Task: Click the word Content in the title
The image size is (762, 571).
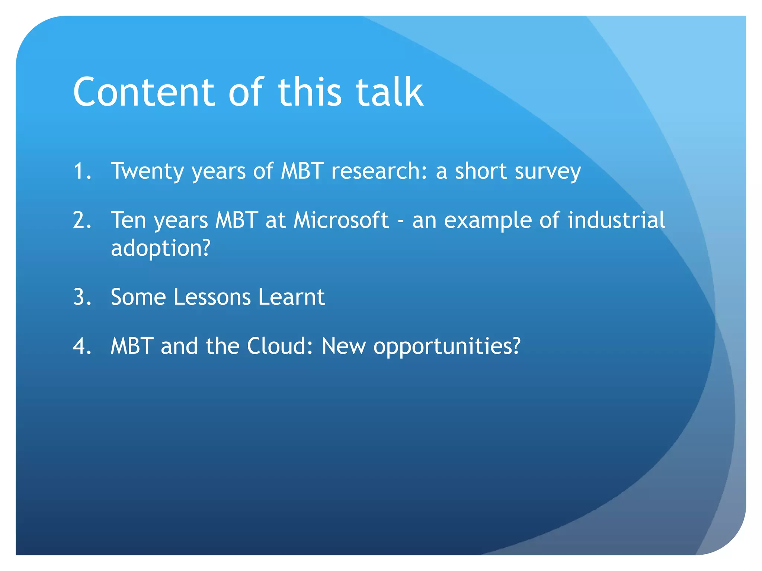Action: (x=144, y=92)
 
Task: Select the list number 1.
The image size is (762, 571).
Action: (x=82, y=171)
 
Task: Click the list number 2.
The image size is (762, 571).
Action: (x=82, y=220)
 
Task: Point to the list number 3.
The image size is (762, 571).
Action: (x=82, y=297)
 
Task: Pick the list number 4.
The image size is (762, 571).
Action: (x=82, y=346)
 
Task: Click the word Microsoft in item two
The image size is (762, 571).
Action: (x=341, y=220)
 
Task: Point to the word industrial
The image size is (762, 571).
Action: (x=616, y=220)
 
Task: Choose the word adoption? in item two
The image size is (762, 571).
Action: (x=161, y=249)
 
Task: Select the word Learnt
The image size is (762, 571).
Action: (x=291, y=297)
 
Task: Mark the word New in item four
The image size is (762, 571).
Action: (x=343, y=346)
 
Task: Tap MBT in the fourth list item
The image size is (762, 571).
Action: (x=132, y=346)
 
